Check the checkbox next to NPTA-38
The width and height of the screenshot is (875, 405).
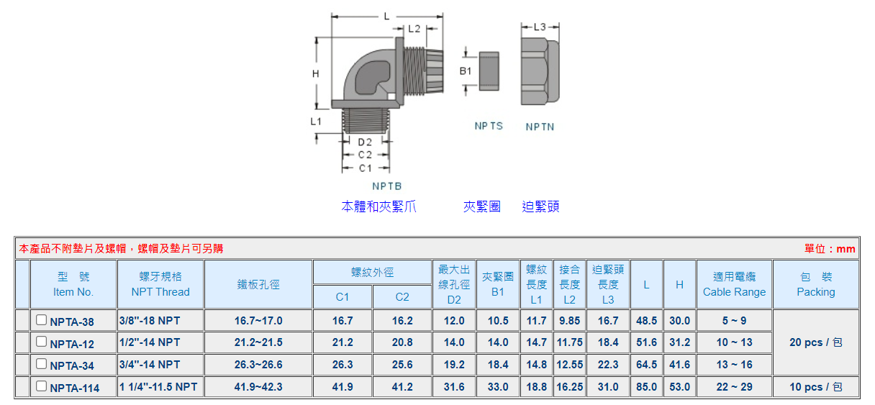pos(41,320)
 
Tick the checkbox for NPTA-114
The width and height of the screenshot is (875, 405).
pos(41,386)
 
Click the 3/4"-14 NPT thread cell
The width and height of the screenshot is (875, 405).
pos(150,365)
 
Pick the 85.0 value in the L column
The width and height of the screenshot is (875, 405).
pos(646,386)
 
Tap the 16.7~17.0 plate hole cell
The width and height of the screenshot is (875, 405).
pos(258,321)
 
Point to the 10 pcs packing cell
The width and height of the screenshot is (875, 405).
pos(815,386)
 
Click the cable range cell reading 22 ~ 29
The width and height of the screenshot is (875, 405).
pos(734,386)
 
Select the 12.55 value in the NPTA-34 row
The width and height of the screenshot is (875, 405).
pos(569,365)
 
